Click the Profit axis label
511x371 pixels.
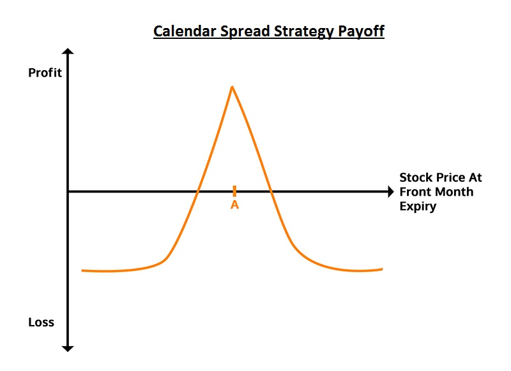(45, 73)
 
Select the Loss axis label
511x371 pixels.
(41, 322)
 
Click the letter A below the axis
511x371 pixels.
(234, 205)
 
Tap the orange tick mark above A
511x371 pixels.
(234, 191)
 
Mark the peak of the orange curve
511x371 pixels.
(232, 87)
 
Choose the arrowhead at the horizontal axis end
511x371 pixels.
(390, 191)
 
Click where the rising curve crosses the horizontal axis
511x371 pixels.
(198, 191)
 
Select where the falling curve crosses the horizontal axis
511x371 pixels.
(271, 191)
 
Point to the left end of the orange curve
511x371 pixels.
(83, 271)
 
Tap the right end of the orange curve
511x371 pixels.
(382, 269)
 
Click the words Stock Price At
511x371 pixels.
(440, 178)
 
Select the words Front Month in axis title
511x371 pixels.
(436, 192)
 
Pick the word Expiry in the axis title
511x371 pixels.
(418, 206)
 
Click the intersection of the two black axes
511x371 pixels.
(68, 191)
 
